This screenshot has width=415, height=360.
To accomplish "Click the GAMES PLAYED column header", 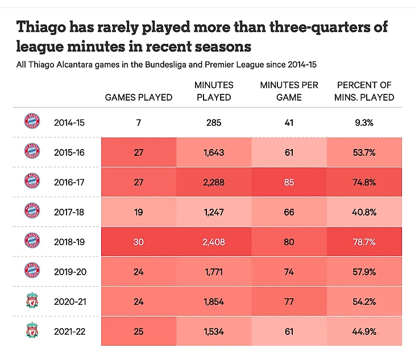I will [139, 97].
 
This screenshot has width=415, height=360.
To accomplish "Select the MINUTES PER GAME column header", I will [288, 91].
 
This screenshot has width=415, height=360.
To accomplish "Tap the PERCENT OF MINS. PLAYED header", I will [364, 91].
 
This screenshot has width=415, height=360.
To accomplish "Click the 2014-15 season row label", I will [68, 122].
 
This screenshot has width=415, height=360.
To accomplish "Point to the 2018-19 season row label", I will [68, 242].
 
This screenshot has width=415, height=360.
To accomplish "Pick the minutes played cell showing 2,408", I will [213, 242].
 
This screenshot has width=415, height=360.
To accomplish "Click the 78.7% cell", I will [364, 242].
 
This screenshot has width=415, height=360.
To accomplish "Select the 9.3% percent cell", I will [364, 122].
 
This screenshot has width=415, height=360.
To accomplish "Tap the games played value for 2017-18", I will [139, 212].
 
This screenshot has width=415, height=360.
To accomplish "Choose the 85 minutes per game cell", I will [288, 182].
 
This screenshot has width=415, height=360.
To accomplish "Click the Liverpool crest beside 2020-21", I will [32, 301].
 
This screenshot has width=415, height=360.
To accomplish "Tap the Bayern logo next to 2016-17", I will [32, 181].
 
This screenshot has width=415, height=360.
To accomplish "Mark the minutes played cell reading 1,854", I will [213, 301].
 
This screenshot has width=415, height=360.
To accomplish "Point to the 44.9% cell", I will [364, 332].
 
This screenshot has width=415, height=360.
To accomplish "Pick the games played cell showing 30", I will [139, 242].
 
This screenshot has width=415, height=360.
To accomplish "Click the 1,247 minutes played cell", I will [213, 212].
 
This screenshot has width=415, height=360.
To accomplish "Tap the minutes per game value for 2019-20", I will [288, 272].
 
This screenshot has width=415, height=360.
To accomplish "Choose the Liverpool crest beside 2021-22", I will [32, 331].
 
